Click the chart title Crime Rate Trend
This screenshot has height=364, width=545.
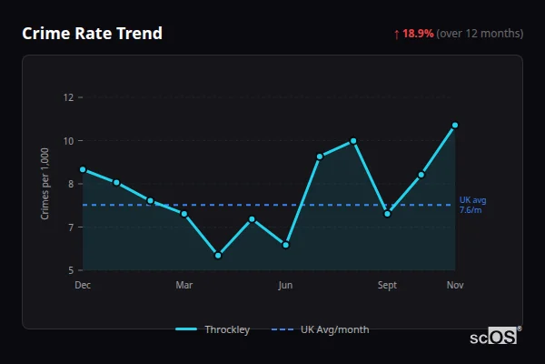[92, 34]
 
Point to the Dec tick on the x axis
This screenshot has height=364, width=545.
[83, 285]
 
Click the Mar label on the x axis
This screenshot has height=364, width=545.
[183, 285]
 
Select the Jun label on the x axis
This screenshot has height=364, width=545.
[285, 285]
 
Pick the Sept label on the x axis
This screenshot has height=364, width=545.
[387, 285]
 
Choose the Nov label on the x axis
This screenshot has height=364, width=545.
[455, 285]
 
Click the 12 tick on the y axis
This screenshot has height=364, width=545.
[67, 97]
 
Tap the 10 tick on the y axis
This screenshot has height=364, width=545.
[67, 140]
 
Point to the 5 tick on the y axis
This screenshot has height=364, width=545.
[70, 270]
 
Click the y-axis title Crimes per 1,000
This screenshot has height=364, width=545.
[45, 184]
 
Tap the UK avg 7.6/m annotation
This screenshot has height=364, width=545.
[471, 205]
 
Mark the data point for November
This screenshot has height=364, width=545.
[455, 125]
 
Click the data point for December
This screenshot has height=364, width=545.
[83, 169]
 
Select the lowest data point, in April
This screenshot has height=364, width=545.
[218, 256]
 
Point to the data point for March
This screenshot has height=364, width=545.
[184, 214]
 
